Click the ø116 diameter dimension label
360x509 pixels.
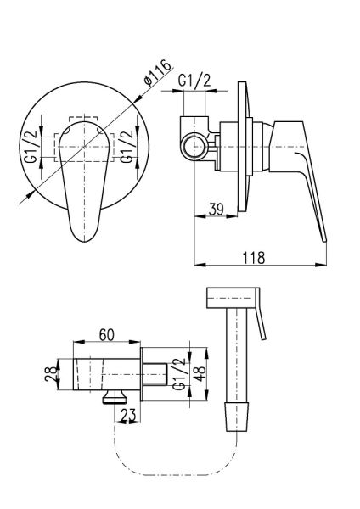pyautogui.click(x=158, y=73)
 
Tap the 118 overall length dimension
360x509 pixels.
pyautogui.click(x=254, y=257)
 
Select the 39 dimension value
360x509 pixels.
pyautogui.click(x=217, y=209)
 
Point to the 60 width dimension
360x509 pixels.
pyautogui.click(x=107, y=335)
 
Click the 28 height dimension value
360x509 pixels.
pyautogui.click(x=51, y=374)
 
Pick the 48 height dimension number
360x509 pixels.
pyautogui.click(x=199, y=374)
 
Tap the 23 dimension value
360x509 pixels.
pyautogui.click(x=129, y=415)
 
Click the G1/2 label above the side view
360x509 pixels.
pyautogui.click(x=194, y=81)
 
